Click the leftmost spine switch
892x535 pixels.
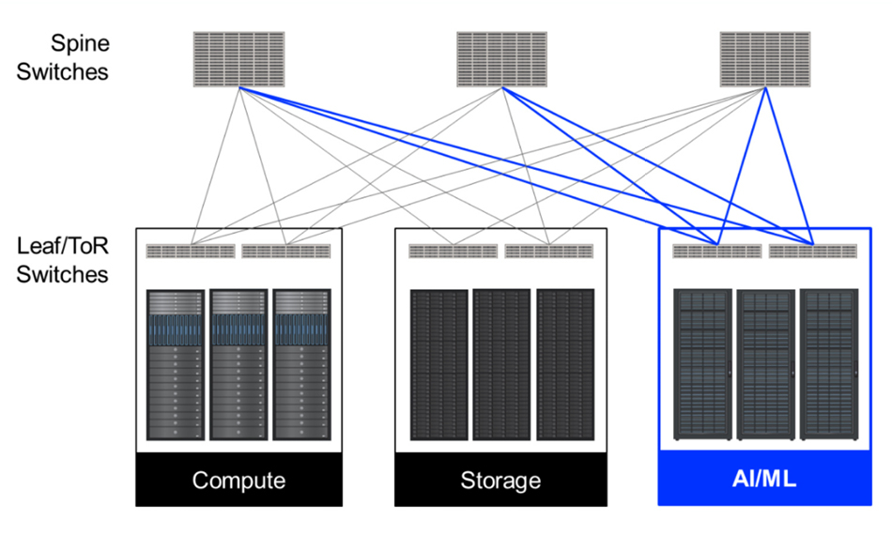click(x=239, y=59)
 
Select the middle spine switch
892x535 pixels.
click(x=502, y=59)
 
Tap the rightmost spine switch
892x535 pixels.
click(x=765, y=59)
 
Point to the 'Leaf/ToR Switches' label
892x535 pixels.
click(x=62, y=260)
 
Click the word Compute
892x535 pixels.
click(x=238, y=481)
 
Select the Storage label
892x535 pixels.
click(x=500, y=481)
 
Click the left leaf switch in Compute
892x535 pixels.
click(x=191, y=252)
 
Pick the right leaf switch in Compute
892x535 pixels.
click(x=286, y=252)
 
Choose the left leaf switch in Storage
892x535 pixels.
click(x=454, y=252)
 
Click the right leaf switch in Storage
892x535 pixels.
click(x=549, y=252)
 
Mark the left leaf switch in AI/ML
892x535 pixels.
click(x=717, y=252)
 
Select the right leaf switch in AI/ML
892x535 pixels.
click(x=813, y=252)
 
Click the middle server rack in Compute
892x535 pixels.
click(x=238, y=365)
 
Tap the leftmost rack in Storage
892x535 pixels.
click(x=439, y=365)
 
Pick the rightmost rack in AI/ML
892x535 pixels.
click(x=829, y=365)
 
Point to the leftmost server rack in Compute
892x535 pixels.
click(x=176, y=365)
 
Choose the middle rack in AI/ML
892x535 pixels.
click(x=765, y=365)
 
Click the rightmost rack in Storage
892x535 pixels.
click(x=565, y=365)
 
